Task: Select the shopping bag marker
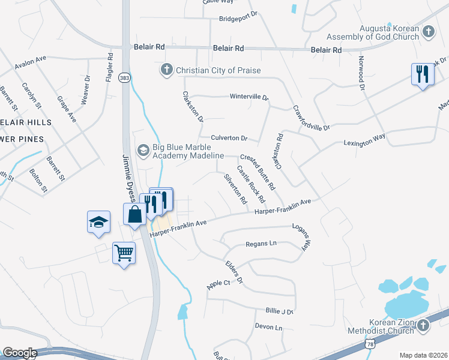click(135, 214)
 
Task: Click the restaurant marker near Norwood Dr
click(423, 74)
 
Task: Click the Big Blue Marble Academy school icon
click(143, 149)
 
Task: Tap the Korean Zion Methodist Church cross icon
click(423, 325)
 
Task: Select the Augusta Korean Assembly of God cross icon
click(428, 31)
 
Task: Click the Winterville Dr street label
click(249, 97)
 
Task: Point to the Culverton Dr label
click(228, 138)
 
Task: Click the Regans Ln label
click(261, 244)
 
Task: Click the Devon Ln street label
click(268, 328)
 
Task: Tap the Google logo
click(20, 353)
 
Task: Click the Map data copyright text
click(423, 355)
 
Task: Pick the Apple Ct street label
click(218, 283)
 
